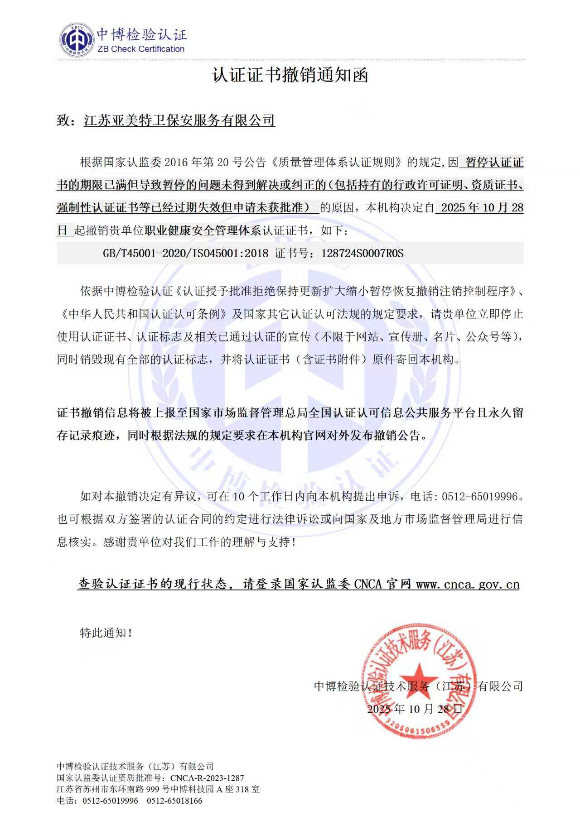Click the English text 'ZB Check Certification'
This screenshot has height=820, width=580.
click(x=141, y=49)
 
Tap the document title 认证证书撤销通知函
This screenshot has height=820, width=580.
click(x=290, y=75)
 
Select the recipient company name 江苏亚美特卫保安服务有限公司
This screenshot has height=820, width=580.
click(x=179, y=120)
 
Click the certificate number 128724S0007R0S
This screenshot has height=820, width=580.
click(x=362, y=253)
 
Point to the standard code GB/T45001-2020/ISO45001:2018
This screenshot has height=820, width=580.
click(x=185, y=253)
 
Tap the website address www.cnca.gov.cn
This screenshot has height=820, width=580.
click(x=467, y=585)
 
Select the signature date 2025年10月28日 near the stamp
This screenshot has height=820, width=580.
click(x=415, y=709)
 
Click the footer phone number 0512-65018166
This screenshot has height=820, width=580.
click(x=174, y=801)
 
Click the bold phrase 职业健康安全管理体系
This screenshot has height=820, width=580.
click(x=203, y=230)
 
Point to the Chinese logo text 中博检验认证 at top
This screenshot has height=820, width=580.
click(x=142, y=34)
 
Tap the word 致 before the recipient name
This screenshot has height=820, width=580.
click(x=63, y=120)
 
